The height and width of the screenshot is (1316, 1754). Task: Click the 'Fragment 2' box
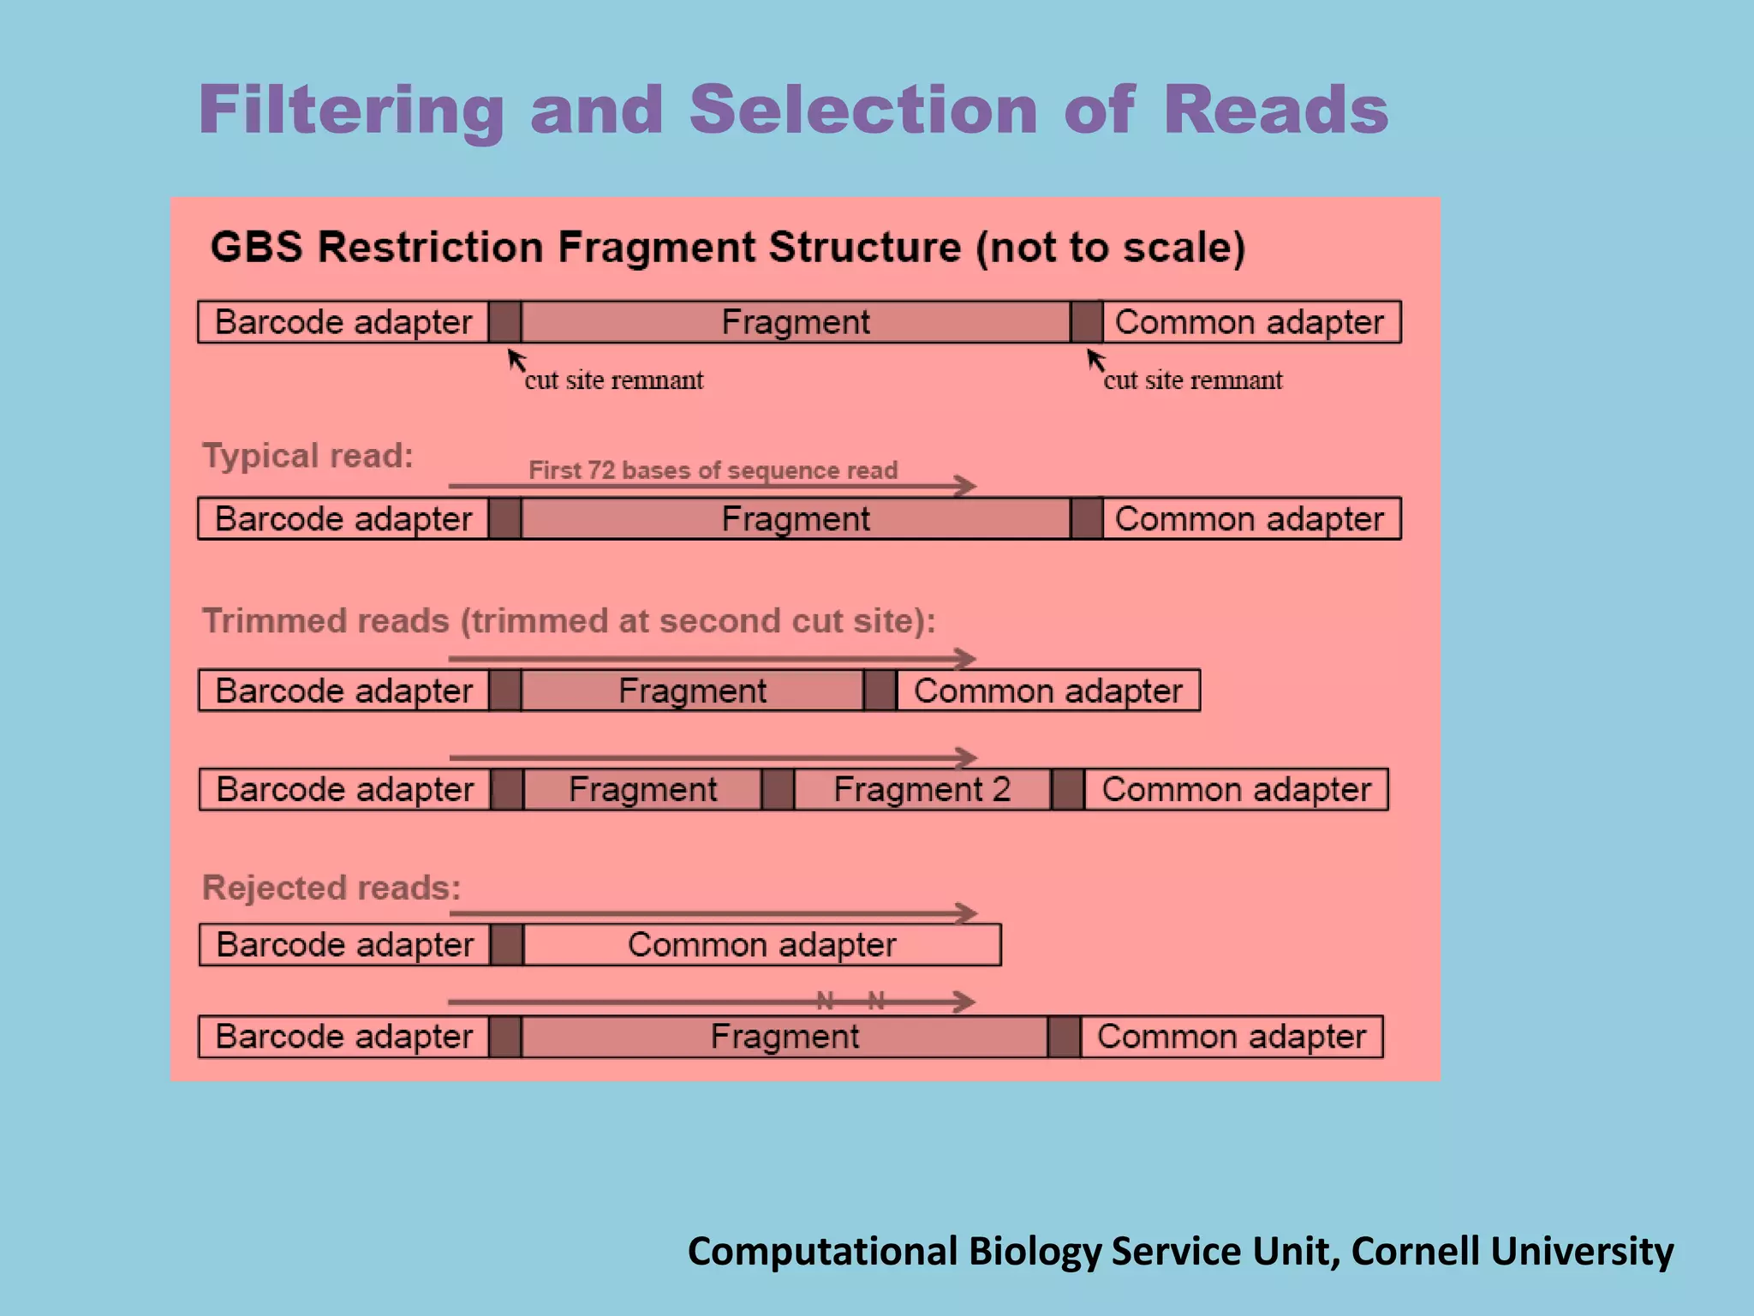pos(922,789)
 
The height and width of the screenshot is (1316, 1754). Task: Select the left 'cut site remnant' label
pos(613,380)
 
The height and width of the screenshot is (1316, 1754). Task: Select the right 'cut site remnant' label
pos(1192,380)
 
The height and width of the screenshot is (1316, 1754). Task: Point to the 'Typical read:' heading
pos(307,455)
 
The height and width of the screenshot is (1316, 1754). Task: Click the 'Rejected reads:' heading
pos(331,888)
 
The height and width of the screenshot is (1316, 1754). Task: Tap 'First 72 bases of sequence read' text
pos(713,470)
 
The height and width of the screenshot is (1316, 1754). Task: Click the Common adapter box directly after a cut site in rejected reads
pos(761,944)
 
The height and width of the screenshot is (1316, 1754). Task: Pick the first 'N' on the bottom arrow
pos(825,1000)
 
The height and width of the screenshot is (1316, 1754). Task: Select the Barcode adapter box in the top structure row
pos(343,322)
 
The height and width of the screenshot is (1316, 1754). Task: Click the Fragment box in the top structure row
pos(795,322)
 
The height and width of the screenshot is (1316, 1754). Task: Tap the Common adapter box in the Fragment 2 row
pos(1236,789)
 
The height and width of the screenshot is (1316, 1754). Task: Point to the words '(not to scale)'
pos(1110,247)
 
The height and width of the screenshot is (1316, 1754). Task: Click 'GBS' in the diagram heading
pos(256,247)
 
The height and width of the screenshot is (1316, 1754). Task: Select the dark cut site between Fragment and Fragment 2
pos(778,789)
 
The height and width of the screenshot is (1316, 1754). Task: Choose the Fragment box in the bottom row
pos(784,1037)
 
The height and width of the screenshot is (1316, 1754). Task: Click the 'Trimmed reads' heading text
pos(325,620)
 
